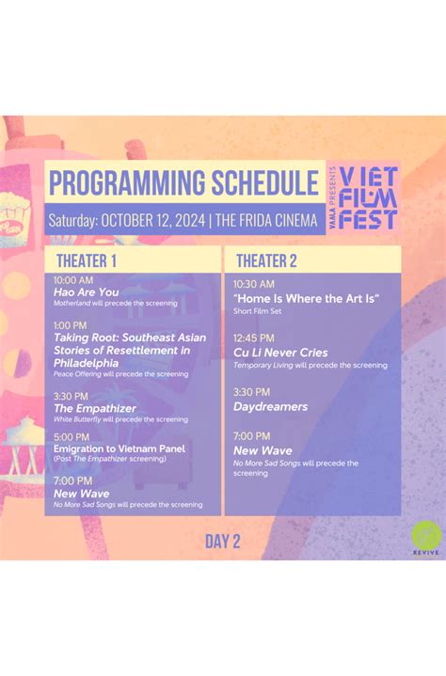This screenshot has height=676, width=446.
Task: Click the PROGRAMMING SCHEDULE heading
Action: [183, 182]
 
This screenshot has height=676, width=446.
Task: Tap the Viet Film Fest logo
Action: [370, 198]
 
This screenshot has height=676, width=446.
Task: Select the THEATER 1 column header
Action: [87, 260]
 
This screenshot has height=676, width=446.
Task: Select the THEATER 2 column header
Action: [266, 260]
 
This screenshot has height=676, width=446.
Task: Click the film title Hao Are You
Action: [87, 292]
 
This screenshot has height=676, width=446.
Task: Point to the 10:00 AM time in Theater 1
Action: [73, 280]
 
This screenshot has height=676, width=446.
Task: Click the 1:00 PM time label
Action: [71, 325]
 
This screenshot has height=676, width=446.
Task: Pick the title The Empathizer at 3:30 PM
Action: [95, 408]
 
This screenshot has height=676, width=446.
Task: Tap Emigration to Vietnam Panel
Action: [119, 448]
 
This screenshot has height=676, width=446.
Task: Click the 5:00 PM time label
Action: [71, 437]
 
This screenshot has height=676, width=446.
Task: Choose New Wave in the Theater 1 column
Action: [81, 494]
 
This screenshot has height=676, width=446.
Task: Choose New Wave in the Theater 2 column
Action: [263, 450]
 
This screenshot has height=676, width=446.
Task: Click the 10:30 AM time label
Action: [254, 284]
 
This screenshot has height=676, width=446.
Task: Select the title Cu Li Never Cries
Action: [280, 353]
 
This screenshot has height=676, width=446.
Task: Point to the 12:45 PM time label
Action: [254, 338]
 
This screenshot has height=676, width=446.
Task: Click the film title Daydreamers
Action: [271, 406]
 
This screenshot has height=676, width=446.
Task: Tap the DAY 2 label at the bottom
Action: [223, 541]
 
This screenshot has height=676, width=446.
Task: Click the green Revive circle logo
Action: [424, 539]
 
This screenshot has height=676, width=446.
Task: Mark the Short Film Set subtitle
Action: [256, 310]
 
